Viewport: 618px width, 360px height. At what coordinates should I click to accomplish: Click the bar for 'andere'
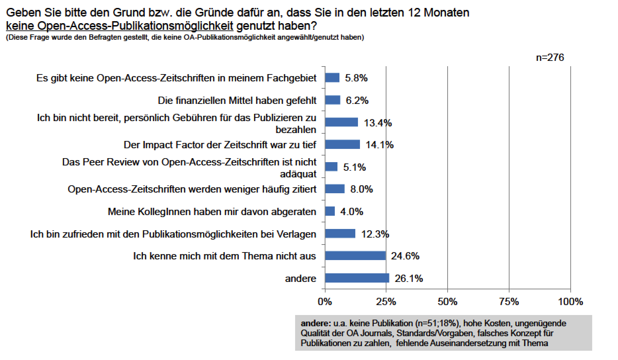[357, 278]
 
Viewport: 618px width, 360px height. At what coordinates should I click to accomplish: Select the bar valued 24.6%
[355, 256]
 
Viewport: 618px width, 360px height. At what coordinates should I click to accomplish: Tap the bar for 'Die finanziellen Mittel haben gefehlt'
[332, 100]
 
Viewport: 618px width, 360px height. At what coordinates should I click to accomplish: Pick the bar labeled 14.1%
[342, 145]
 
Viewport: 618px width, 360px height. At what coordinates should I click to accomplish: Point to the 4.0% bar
[330, 211]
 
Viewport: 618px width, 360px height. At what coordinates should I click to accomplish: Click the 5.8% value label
[356, 78]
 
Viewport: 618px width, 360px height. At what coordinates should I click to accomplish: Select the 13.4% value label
[378, 123]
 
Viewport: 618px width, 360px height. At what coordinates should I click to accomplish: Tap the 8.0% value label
[361, 189]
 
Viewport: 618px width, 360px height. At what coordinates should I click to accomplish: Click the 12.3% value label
[375, 234]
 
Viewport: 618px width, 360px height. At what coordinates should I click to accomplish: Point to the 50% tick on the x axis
[447, 302]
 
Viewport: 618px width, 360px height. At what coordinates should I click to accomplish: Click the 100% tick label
[570, 302]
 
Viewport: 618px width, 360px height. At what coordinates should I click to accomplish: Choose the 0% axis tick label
[325, 302]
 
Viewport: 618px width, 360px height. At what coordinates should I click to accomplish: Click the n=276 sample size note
[550, 58]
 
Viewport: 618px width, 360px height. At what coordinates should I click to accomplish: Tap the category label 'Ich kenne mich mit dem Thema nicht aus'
[225, 256]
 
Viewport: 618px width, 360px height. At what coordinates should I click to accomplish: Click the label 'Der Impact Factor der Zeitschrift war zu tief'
[220, 145]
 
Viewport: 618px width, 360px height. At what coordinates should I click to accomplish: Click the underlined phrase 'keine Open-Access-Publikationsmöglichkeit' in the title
[120, 25]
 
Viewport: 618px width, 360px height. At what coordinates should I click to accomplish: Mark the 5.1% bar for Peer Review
[331, 167]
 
